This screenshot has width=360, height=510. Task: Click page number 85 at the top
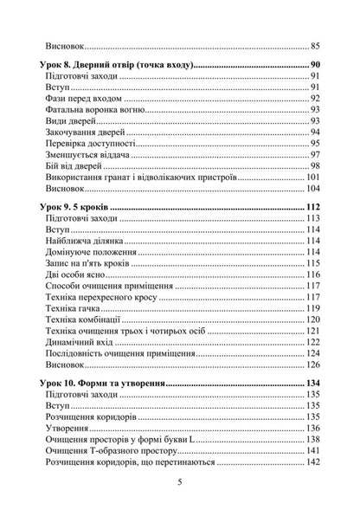[x=315, y=45]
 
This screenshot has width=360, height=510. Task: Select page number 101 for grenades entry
[x=313, y=178]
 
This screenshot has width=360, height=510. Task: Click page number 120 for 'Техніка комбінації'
[x=313, y=320]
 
